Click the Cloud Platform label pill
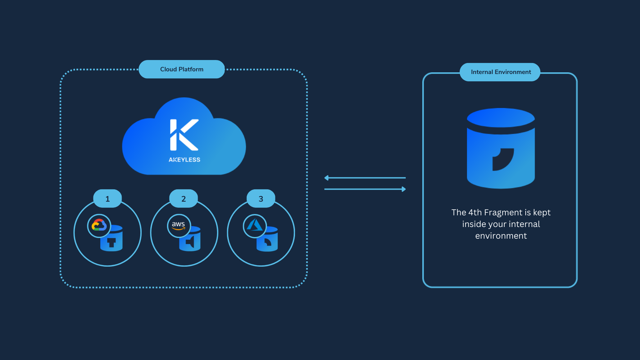point(182,69)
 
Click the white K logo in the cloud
point(184,135)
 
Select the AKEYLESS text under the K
point(184,160)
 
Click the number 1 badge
point(107,199)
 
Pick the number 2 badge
point(183,199)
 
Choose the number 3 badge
point(261,199)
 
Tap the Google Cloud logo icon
point(99,226)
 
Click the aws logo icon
point(179,226)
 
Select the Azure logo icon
point(255,226)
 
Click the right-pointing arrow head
point(403,189)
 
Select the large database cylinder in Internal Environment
point(501,148)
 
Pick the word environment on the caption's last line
point(501,236)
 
